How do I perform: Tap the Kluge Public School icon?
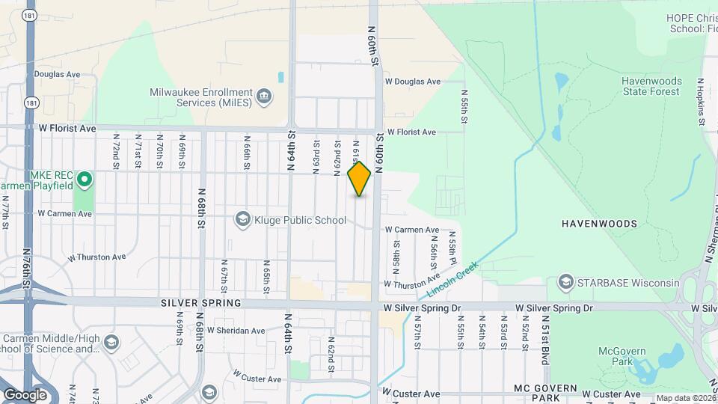pos(242,219)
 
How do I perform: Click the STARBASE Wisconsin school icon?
pos(565,282)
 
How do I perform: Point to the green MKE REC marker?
pos(85,179)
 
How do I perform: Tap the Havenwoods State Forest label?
pos(651,86)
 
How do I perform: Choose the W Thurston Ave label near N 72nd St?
pos(96,257)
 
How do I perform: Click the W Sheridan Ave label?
pos(236,330)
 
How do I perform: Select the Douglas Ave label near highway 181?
pos(58,75)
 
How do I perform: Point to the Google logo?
pos(25,394)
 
